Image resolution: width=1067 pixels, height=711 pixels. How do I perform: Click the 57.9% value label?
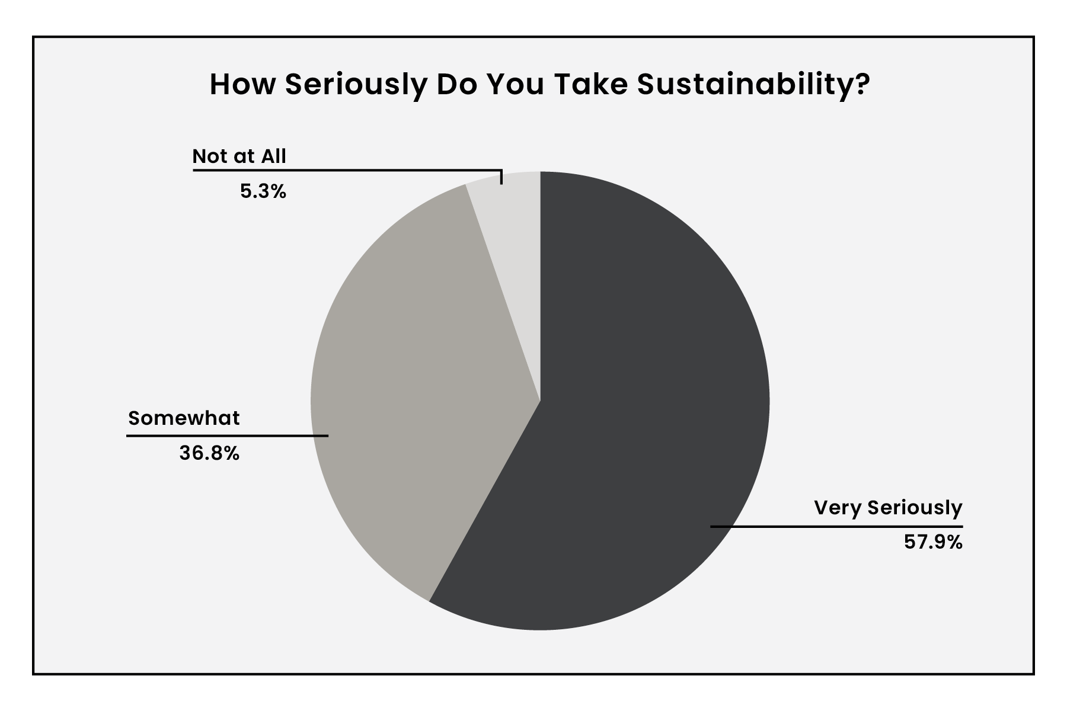(x=933, y=542)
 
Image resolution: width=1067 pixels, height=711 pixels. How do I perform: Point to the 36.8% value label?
(x=209, y=453)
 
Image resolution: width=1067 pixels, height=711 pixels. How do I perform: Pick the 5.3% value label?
(x=263, y=191)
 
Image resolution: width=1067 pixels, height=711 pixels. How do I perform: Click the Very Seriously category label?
(x=888, y=508)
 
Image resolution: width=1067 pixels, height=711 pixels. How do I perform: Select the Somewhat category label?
(x=184, y=418)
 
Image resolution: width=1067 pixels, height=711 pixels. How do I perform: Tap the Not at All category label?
(x=239, y=156)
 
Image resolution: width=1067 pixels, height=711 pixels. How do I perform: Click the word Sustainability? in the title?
(x=753, y=85)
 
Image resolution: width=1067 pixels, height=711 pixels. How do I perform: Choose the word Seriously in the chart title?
(x=356, y=85)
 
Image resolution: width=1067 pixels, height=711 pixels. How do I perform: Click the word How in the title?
(x=243, y=85)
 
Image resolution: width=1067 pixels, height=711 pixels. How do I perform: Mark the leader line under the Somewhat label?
(x=227, y=436)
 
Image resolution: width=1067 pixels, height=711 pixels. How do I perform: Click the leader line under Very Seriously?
(x=836, y=526)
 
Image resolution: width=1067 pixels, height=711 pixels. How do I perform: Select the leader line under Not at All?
(x=347, y=171)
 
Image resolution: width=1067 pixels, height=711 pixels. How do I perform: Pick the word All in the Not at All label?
(x=274, y=156)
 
